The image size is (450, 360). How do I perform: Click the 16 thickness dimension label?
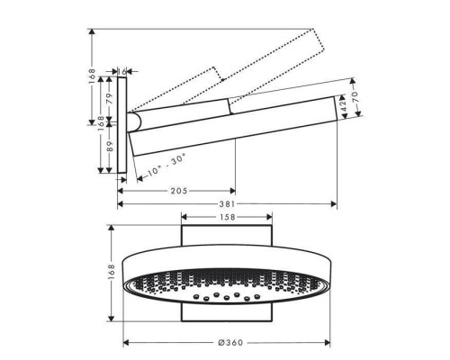point(122,71)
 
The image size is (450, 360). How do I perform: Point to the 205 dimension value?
point(179,191)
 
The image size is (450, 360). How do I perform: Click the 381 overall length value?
point(227,204)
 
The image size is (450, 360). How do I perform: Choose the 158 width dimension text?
point(228,217)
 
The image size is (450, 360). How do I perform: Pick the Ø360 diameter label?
point(230,343)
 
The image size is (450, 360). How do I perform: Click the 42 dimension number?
point(343,105)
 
